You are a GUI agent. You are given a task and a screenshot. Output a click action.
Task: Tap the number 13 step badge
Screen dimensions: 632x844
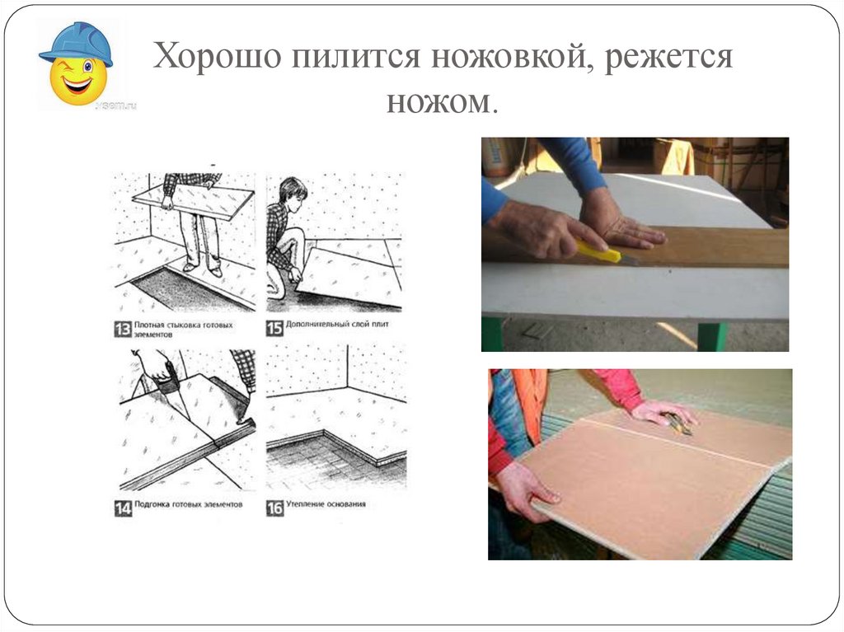(122, 329)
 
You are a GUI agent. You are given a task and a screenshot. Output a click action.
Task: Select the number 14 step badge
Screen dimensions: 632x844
(122, 508)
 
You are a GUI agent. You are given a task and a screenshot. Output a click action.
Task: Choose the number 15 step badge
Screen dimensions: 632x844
(274, 329)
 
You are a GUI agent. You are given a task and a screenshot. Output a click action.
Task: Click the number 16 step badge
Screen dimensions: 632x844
(274, 508)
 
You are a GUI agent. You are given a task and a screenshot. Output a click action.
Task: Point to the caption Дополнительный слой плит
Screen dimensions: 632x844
(338, 325)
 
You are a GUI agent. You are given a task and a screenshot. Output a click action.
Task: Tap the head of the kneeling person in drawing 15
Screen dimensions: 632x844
(293, 190)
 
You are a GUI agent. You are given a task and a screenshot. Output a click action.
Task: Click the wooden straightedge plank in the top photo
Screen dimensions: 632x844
(709, 246)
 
